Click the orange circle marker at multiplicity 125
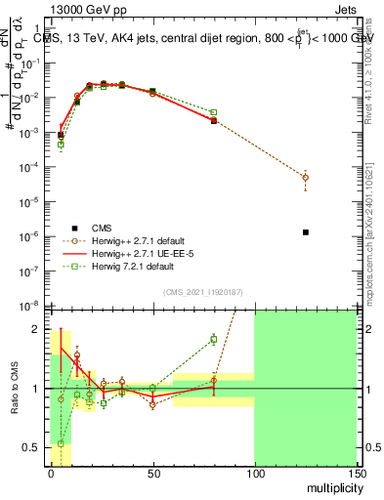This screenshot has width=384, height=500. [306, 178]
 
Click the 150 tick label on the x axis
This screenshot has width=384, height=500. [357, 472]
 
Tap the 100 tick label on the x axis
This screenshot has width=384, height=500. [254, 472]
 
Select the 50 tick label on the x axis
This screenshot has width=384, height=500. [152, 472]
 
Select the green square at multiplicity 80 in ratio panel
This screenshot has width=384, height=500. [214, 339]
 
